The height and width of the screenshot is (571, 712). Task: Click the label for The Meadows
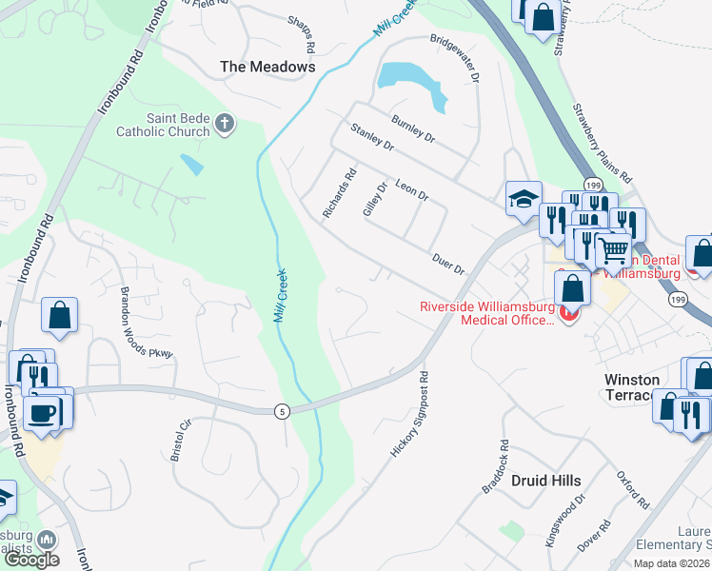point(267,67)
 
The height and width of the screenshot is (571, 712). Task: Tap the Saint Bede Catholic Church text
point(162,125)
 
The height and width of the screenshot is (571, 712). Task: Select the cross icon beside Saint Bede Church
point(225,124)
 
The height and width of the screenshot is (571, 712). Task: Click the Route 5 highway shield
point(282,411)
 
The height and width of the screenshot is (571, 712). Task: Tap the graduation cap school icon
point(524,199)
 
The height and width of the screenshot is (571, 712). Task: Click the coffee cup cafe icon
point(43,414)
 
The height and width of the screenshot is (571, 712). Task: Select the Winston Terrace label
point(644,386)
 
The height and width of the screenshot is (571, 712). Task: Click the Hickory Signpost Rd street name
point(411,414)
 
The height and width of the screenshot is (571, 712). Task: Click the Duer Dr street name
point(447,264)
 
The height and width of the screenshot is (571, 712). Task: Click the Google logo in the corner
point(31,559)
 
